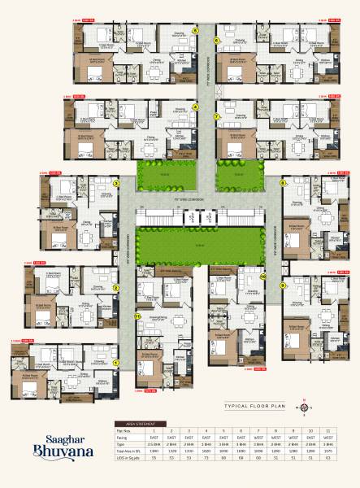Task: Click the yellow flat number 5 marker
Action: [x=196, y=30]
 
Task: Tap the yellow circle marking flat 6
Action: [x=217, y=39]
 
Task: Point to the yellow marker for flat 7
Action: [x=217, y=116]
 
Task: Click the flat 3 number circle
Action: [x=117, y=184]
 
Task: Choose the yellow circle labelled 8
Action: [x=283, y=184]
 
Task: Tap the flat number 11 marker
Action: [x=137, y=316]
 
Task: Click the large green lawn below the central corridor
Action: [x=202, y=246]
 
